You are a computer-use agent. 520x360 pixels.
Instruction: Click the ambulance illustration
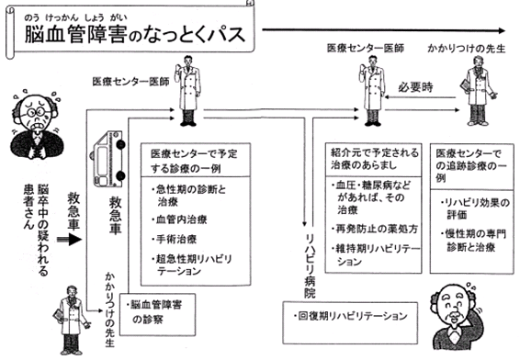[107, 159]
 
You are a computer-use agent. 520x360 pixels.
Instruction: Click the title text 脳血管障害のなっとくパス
[135, 35]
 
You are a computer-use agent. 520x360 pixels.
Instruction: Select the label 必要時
[416, 87]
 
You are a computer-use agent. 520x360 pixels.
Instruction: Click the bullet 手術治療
[175, 239]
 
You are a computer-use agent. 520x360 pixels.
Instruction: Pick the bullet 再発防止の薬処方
[375, 229]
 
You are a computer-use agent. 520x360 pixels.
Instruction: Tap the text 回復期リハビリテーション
[350, 316]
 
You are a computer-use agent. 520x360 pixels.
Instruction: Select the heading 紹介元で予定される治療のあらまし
[375, 159]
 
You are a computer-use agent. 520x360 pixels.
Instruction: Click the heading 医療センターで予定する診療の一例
[194, 161]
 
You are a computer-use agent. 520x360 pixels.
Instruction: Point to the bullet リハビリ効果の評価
[474, 208]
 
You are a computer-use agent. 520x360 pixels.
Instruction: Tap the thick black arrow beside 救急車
[69, 240]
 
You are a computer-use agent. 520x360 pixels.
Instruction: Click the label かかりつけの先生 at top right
[467, 49]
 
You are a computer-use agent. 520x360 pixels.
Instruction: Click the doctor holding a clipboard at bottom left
[71, 320]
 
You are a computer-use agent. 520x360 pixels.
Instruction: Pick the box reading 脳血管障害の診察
[157, 314]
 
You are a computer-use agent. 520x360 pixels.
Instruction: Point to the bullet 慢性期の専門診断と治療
[474, 241]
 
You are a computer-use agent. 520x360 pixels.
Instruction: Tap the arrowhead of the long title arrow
[501, 31]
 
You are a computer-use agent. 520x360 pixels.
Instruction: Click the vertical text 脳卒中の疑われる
[43, 230]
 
